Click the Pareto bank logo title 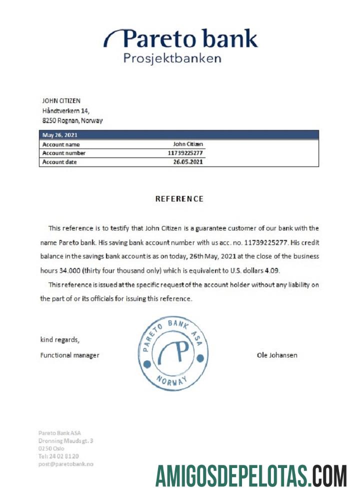coord(181,39)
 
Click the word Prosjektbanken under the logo coord(172,58)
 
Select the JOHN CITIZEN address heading coord(61,101)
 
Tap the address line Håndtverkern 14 coord(65,111)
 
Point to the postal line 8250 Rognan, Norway coord(72,121)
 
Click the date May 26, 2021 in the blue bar coord(60,135)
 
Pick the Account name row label coord(61,144)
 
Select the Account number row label coord(63,153)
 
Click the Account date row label coord(59,162)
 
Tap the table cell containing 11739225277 coord(185,153)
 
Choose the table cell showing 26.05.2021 coord(188,162)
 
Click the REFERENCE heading coord(179,198)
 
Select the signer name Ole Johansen coord(276,355)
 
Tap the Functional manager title coord(69,355)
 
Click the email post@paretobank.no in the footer coord(65,464)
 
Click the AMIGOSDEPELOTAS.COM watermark coord(250,475)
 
